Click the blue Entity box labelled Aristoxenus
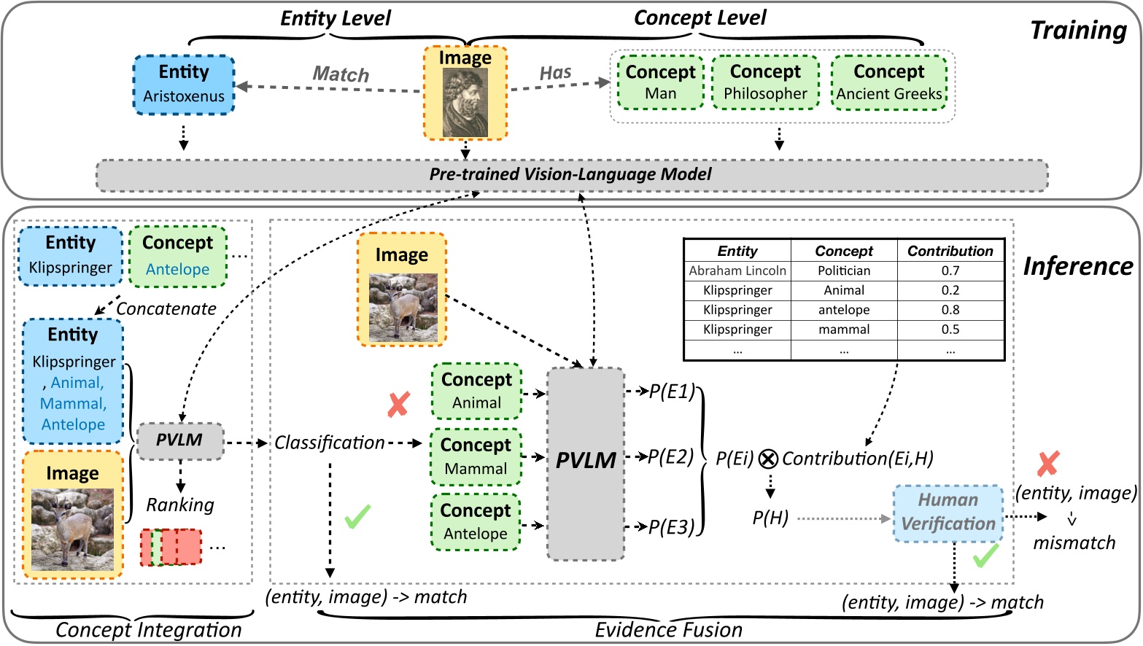[184, 85]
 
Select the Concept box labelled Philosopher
[765, 82]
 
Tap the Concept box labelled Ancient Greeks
[888, 82]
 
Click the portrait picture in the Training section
[465, 102]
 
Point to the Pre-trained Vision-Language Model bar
[571, 175]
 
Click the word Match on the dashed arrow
[341, 74]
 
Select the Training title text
[1078, 31]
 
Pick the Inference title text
[1078, 266]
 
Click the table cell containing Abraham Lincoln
[737, 271]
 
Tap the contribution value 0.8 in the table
[950, 310]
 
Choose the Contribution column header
[950, 251]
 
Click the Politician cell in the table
[844, 271]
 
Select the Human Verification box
[948, 513]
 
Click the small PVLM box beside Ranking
[179, 440]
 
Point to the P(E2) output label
[670, 457]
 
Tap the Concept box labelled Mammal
[476, 457]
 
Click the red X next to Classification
[398, 404]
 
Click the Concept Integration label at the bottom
[148, 630]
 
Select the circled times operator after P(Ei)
[767, 459]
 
